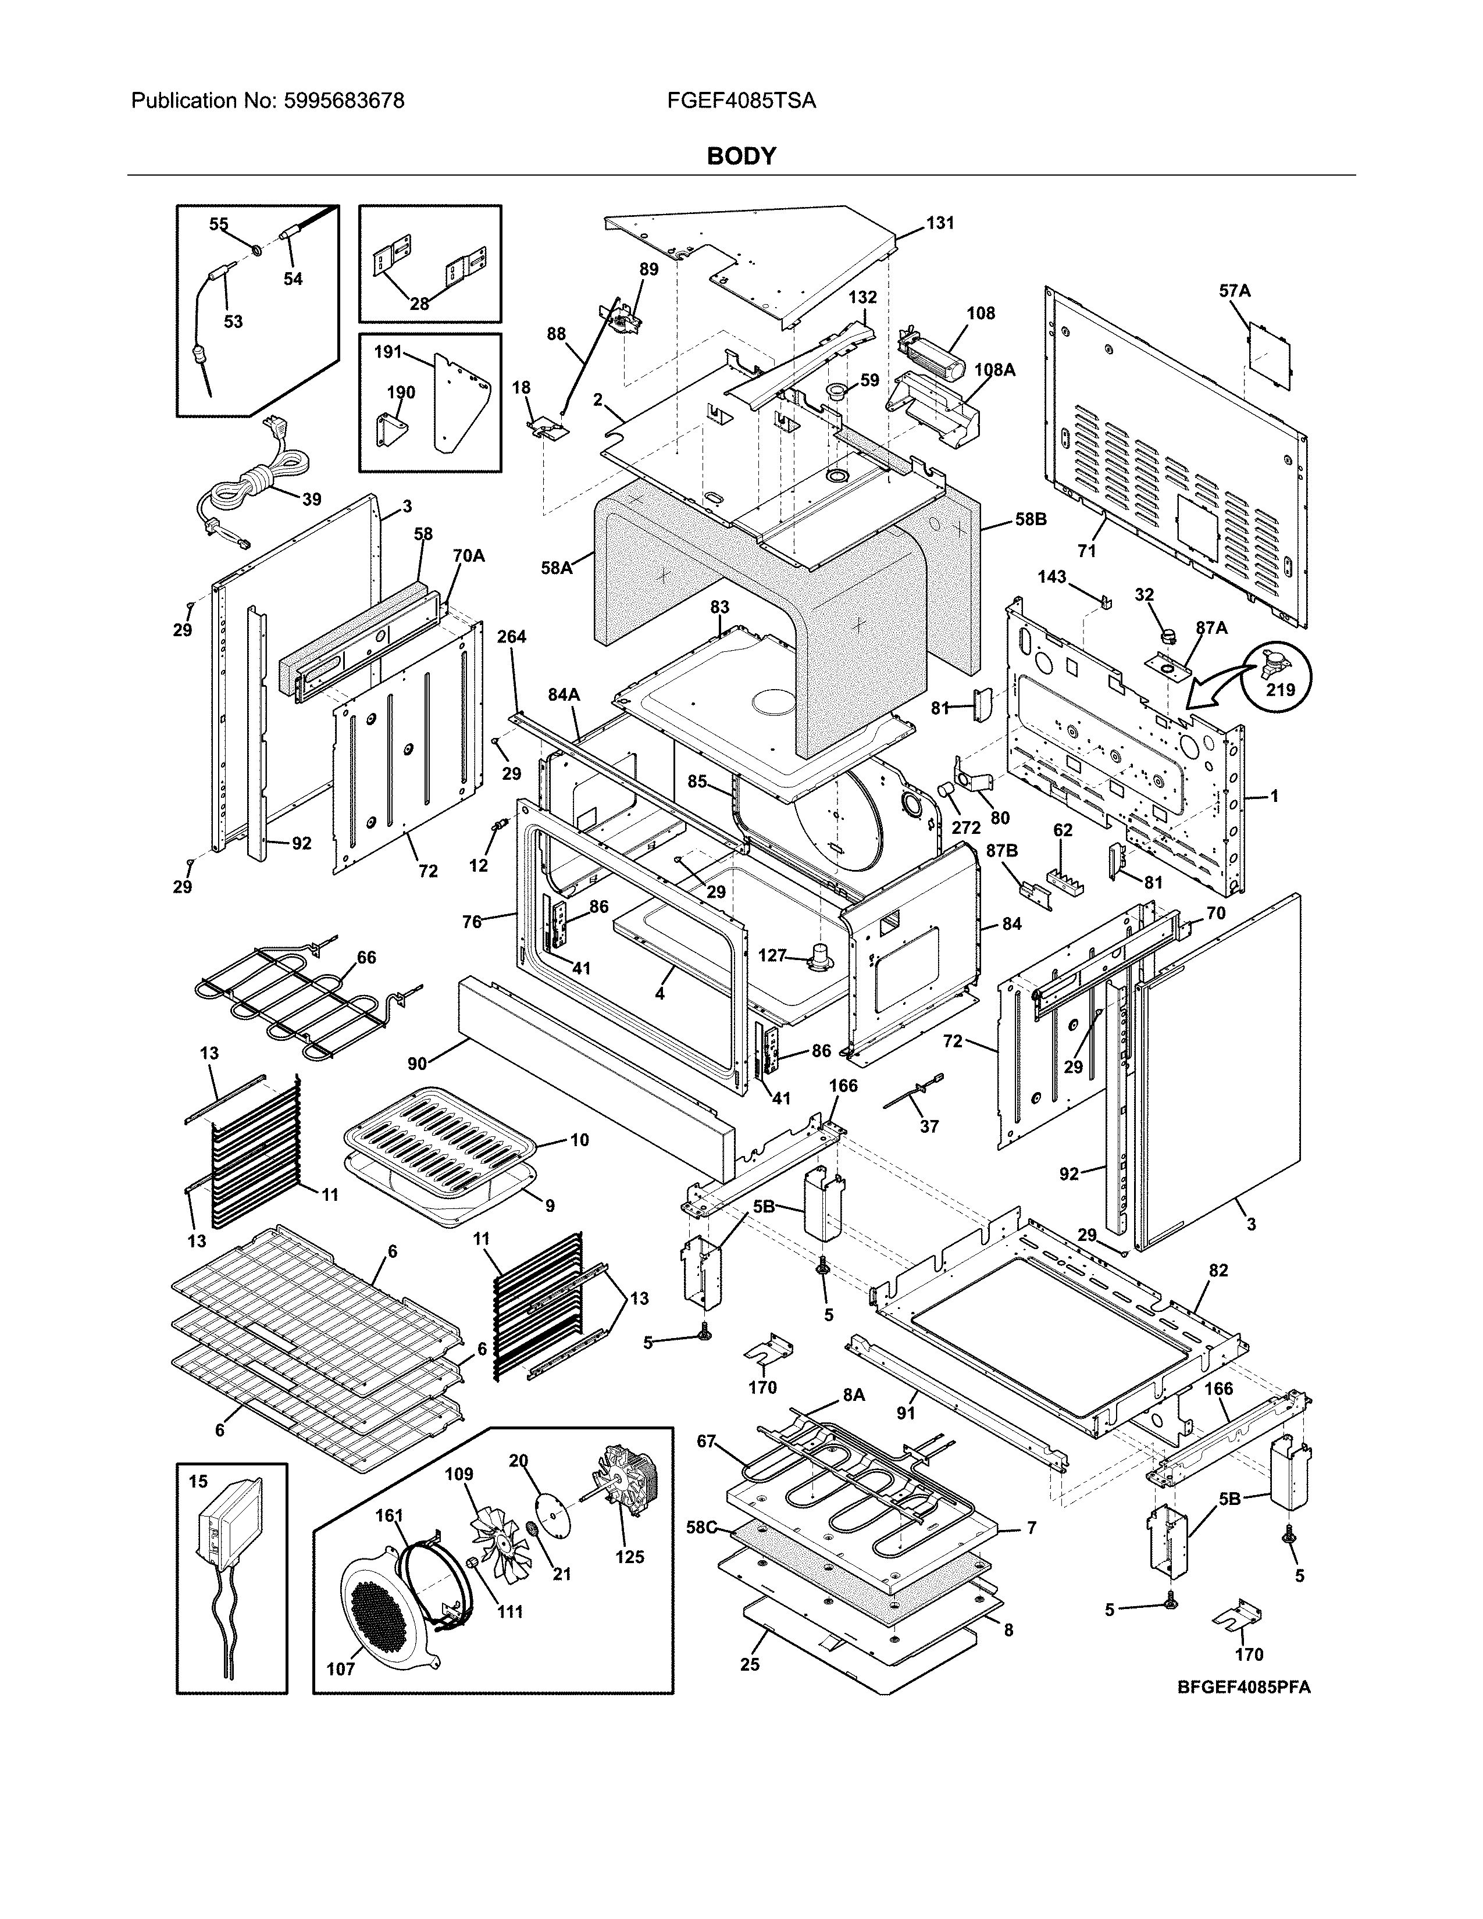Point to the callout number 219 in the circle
[1280, 690]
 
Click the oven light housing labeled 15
[230, 1529]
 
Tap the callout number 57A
[1234, 290]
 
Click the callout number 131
[939, 223]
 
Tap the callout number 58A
[556, 569]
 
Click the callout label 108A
[994, 370]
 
